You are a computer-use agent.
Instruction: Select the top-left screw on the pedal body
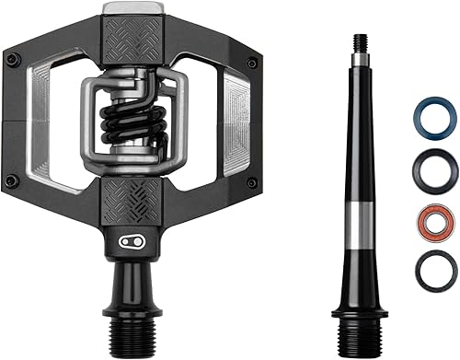pos(11,61)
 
